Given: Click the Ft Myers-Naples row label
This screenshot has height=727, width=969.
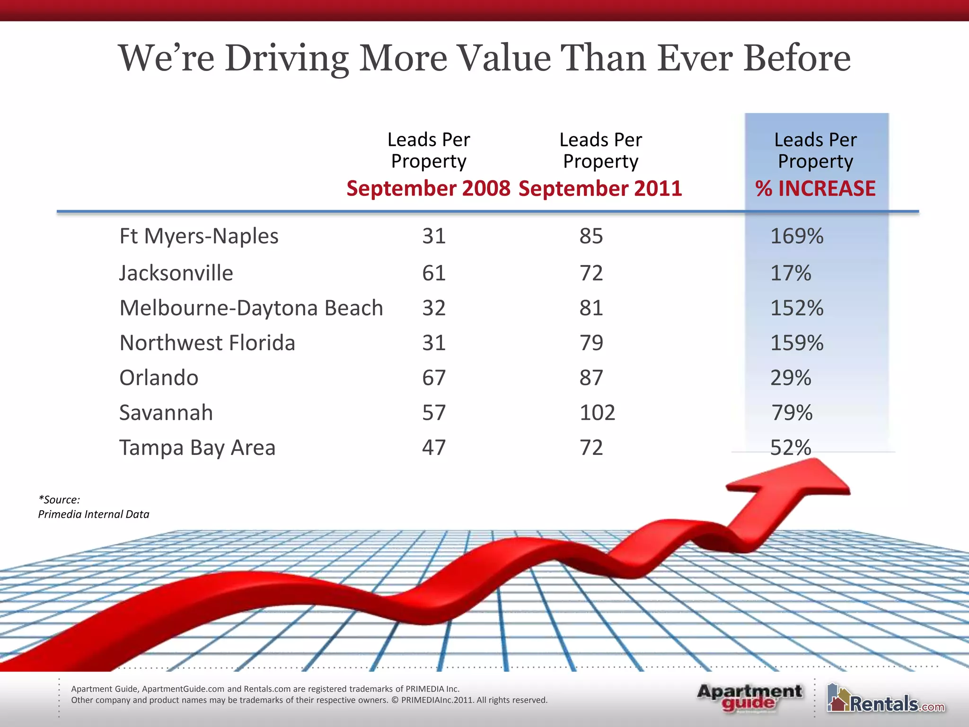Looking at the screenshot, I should [x=199, y=236].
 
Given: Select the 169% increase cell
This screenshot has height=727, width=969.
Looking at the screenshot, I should [x=797, y=236].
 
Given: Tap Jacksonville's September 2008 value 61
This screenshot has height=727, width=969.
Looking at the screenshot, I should [x=434, y=273].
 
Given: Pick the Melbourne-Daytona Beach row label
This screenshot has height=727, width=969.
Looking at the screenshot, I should [x=251, y=308].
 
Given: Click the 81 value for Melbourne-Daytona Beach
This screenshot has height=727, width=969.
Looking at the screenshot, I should [x=591, y=308].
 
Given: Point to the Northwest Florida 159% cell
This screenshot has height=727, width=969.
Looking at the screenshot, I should [x=797, y=343].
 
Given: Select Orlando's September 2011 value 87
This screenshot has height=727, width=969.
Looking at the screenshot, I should [x=591, y=378].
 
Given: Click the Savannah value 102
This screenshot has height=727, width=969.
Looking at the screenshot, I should [x=597, y=413].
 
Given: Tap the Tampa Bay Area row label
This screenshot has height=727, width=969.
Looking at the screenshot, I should [x=197, y=448].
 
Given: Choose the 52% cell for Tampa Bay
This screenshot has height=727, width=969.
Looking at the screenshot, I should [x=791, y=448].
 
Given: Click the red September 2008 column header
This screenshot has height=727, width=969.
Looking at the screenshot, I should [x=428, y=188].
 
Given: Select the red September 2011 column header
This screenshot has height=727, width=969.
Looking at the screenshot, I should [x=600, y=188].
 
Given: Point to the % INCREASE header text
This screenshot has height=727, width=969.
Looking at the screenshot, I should [x=815, y=188].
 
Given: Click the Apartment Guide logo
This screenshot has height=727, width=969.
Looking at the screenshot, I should [x=749, y=698].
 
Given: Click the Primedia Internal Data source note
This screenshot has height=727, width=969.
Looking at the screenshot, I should [x=93, y=514].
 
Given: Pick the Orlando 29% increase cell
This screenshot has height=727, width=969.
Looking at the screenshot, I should [x=791, y=378].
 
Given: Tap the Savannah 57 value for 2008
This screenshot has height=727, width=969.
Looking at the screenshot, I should [x=434, y=413].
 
